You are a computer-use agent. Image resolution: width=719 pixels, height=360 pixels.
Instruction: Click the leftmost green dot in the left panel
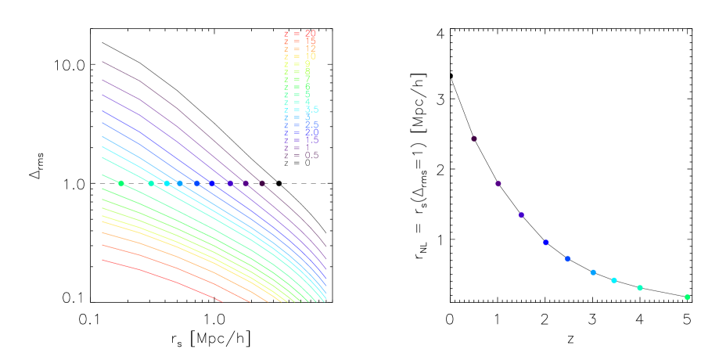click(x=121, y=183)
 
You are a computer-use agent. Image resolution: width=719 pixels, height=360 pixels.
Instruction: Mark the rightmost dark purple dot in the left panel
click(x=262, y=183)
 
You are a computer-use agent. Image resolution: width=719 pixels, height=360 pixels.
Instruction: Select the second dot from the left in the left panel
click(x=151, y=183)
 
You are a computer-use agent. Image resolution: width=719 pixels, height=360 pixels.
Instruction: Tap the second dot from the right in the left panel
click(x=245, y=183)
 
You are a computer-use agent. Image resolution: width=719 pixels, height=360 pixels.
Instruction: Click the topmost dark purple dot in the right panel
click(x=474, y=139)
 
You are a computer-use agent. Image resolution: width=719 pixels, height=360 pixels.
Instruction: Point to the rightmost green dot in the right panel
click(x=688, y=297)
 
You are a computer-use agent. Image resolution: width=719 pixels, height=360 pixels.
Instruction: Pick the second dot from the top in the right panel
click(x=498, y=184)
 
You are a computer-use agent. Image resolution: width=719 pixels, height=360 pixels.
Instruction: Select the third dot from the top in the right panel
click(x=521, y=214)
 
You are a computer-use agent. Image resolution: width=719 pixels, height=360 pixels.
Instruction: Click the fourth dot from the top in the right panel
click(x=546, y=242)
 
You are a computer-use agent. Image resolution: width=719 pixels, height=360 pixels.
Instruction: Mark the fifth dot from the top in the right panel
click(x=568, y=258)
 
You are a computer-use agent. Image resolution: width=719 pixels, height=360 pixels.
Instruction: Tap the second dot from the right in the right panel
click(x=640, y=287)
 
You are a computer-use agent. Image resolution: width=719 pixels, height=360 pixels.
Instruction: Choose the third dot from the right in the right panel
click(x=614, y=280)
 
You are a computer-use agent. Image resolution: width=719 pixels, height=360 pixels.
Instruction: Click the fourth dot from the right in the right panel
click(x=593, y=272)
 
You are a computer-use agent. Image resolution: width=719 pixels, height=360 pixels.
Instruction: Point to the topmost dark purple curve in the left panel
click(x=180, y=109)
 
